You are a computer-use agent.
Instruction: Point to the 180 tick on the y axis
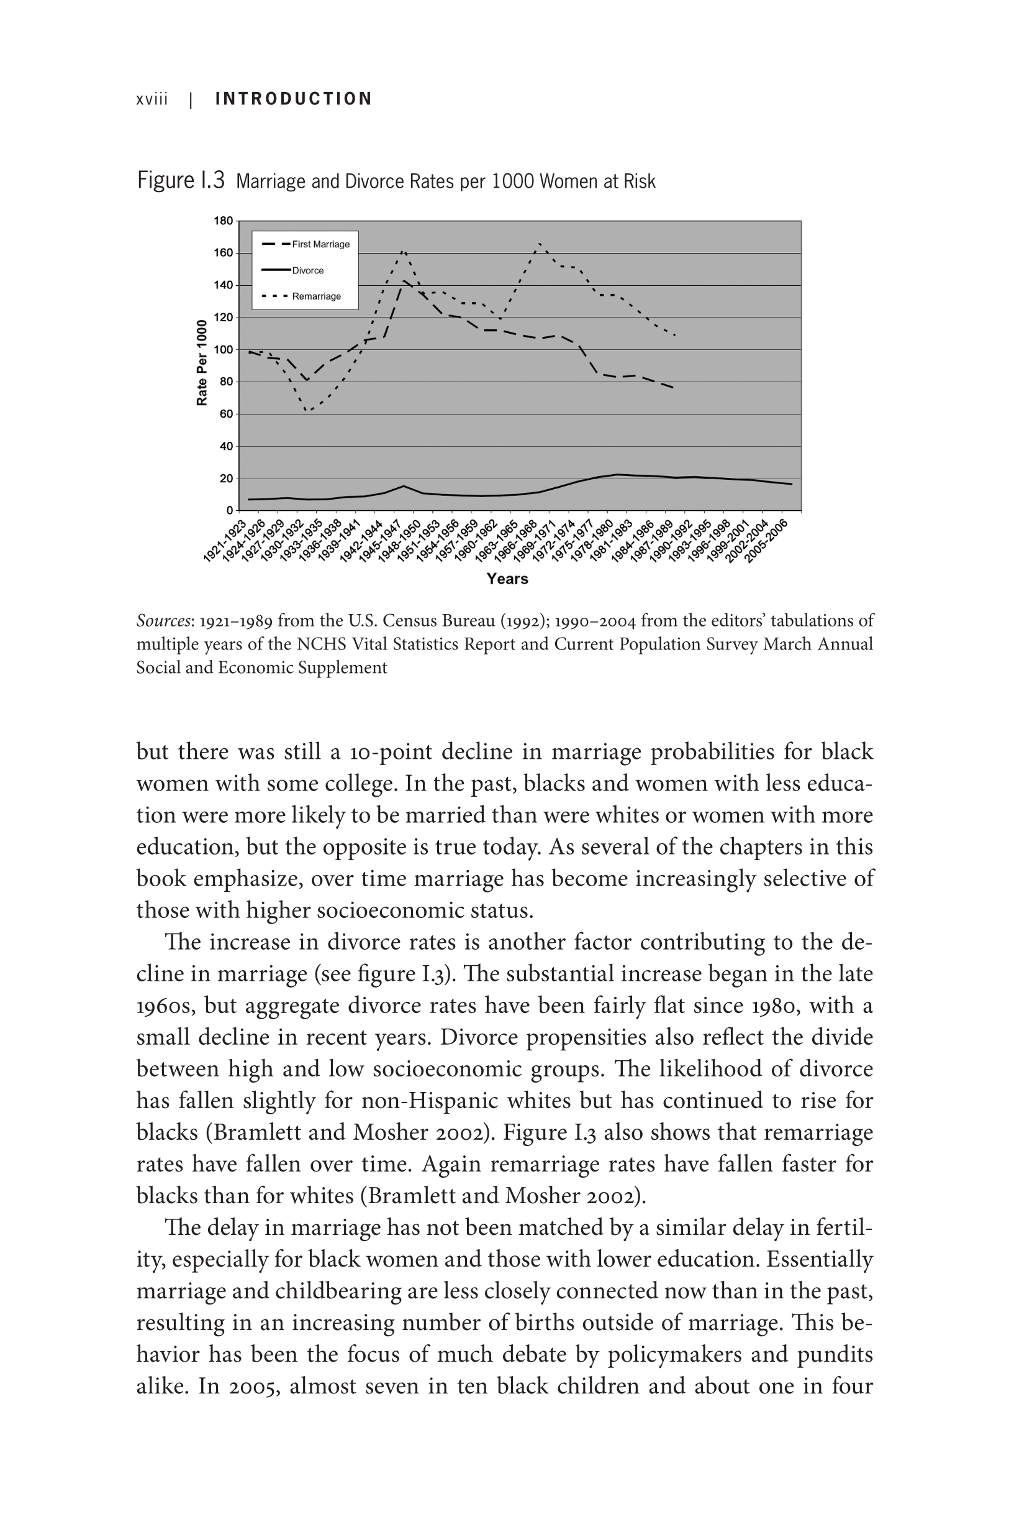tap(223, 221)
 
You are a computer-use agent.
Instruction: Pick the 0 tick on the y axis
tap(229, 511)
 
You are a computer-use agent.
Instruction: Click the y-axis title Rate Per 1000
tap(202, 363)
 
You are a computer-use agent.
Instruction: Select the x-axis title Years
tap(507, 579)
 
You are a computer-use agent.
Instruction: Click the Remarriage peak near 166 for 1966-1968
tap(540, 244)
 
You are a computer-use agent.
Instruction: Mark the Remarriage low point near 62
tap(307, 411)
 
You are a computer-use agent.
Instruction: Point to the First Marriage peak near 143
tap(404, 280)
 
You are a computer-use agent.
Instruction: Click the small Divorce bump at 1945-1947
tap(404, 486)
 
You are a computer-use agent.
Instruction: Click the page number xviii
tap(152, 99)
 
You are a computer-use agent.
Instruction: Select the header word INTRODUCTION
tap(294, 99)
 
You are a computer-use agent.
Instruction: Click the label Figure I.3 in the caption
tap(181, 181)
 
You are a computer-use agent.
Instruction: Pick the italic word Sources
tap(163, 621)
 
